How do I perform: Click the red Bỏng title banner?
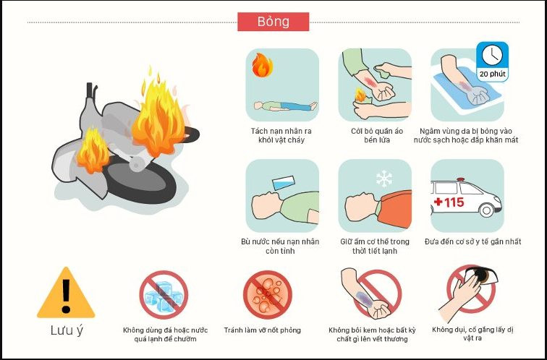pyautogui.click(x=273, y=22)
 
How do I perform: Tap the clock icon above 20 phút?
pyautogui.click(x=492, y=55)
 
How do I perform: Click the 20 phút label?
pyautogui.click(x=492, y=74)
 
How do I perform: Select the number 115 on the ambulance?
pyautogui.click(x=454, y=202)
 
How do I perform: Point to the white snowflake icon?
pyautogui.click(x=383, y=179)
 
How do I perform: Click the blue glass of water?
pyautogui.click(x=284, y=183)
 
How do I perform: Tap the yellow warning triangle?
pyautogui.click(x=66, y=293)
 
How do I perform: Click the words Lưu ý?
pyautogui.click(x=67, y=330)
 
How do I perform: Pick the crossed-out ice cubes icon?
pyautogui.click(x=164, y=295)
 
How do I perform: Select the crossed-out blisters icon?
pyautogui.click(x=268, y=295)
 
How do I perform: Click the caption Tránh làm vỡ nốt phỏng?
pyautogui.click(x=263, y=330)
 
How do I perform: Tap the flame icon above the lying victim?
pyautogui.click(x=263, y=65)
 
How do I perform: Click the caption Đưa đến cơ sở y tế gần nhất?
pyautogui.click(x=472, y=241)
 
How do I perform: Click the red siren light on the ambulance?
pyautogui.click(x=460, y=180)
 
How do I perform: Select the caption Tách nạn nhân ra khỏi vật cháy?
pyautogui.click(x=281, y=136)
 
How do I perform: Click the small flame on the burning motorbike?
pyautogui.click(x=93, y=150)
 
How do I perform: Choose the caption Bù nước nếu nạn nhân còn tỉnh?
pyautogui.click(x=280, y=246)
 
